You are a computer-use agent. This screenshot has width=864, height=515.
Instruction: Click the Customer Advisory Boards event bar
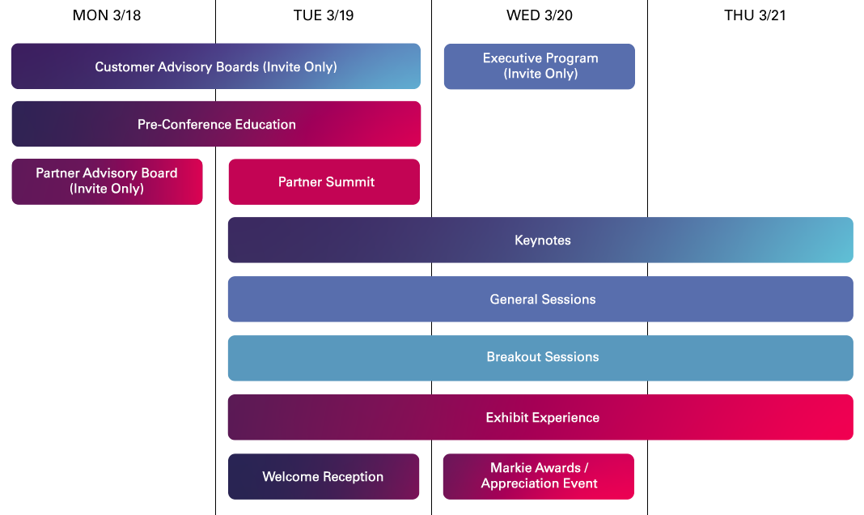tap(215, 66)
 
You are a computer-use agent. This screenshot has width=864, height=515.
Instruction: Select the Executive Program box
tap(539, 66)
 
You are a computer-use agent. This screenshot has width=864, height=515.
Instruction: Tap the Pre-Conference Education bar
tap(216, 124)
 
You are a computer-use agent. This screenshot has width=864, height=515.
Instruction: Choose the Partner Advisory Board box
tap(107, 181)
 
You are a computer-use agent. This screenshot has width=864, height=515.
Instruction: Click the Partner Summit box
tap(324, 181)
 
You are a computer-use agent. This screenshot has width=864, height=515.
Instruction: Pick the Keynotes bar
tap(540, 240)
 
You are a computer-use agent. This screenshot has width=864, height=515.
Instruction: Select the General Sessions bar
tap(540, 299)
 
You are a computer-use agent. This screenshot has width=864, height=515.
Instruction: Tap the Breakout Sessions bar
tap(540, 357)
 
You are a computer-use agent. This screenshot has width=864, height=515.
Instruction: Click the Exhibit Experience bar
tap(540, 417)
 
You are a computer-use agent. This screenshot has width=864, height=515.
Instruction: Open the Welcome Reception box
tap(324, 476)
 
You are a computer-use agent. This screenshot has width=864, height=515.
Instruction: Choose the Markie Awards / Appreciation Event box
tap(539, 476)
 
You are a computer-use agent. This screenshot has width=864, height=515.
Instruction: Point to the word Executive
tap(510, 58)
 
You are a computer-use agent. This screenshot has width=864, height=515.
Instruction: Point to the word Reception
tap(353, 477)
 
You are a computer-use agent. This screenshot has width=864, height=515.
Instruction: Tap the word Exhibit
tap(506, 418)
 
